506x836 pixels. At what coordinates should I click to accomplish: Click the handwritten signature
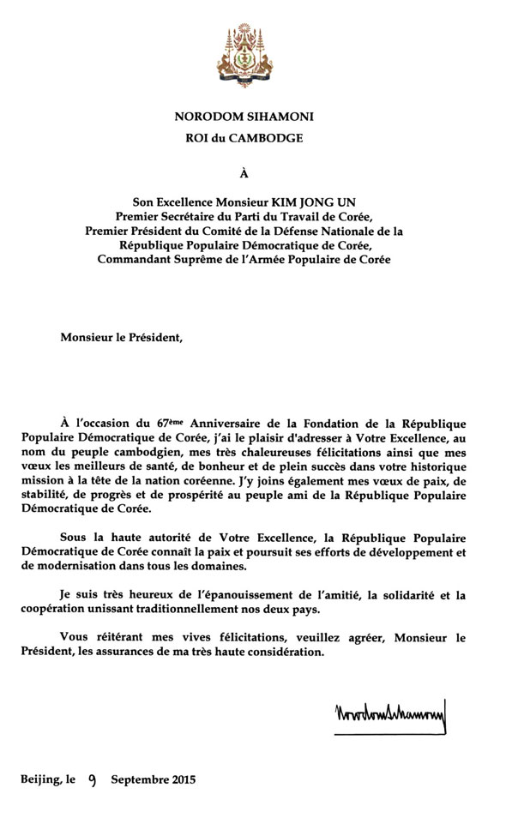click(389, 714)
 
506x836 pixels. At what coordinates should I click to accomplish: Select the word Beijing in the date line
click(41, 780)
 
